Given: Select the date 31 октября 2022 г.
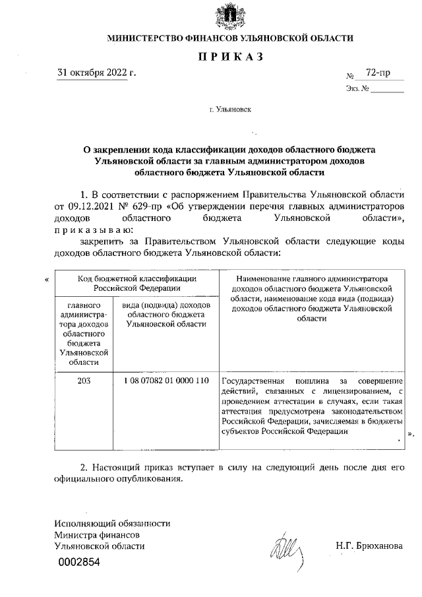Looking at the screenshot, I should (97, 72).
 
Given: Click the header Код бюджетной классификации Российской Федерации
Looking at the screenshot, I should (136, 283).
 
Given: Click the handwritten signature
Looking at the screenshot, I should (286, 546).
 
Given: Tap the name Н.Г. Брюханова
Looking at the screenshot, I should (369, 546).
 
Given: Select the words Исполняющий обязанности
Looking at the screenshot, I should (113, 523).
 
